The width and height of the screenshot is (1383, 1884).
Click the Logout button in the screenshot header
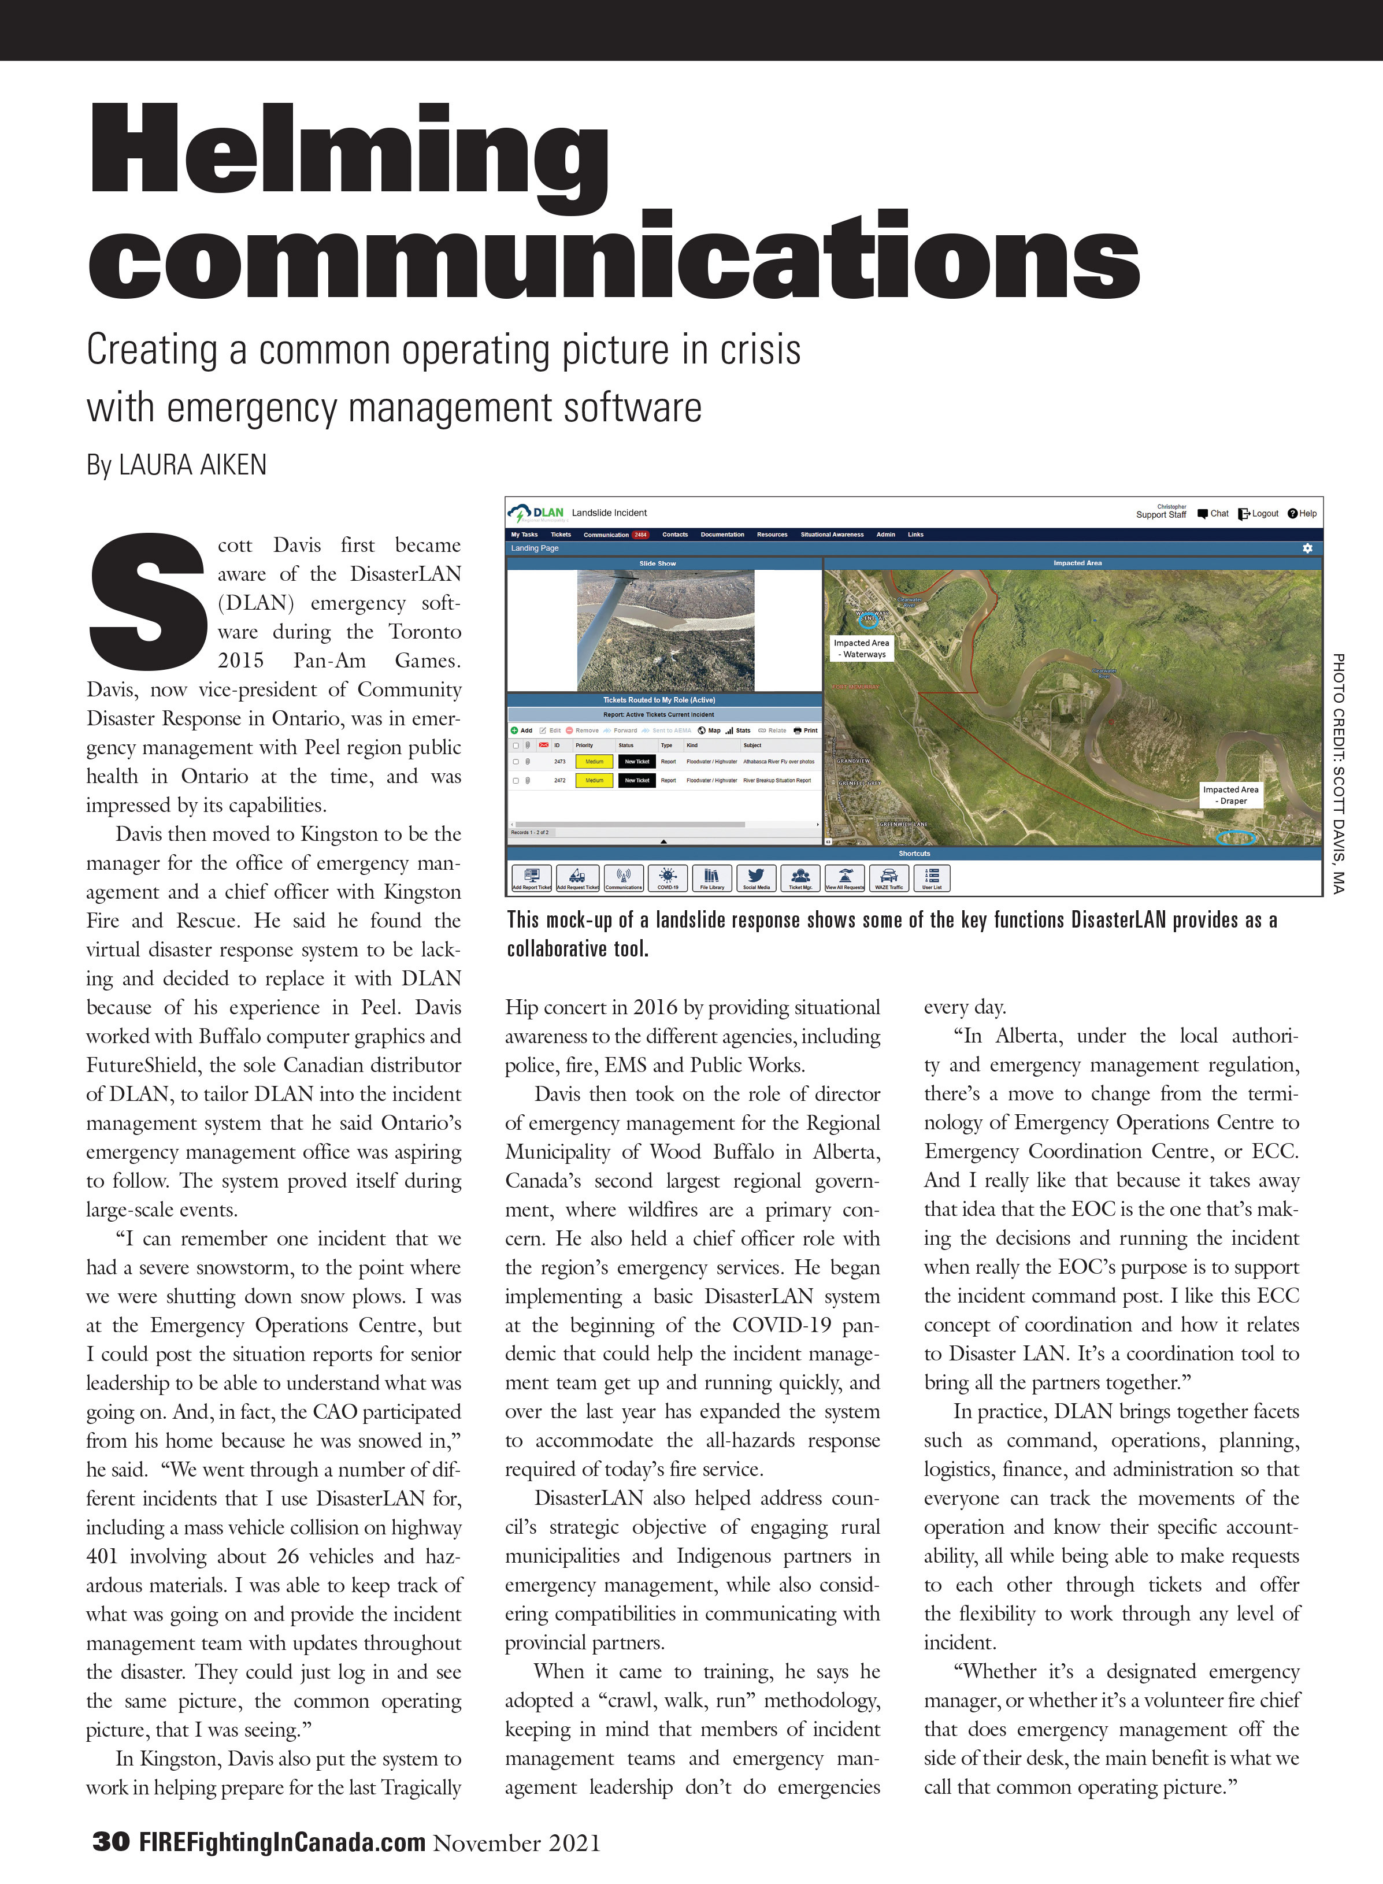(1259, 513)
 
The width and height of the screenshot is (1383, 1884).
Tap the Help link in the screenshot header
(1303, 513)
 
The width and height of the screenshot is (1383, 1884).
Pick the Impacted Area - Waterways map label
(862, 648)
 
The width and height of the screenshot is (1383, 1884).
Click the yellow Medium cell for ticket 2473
(594, 762)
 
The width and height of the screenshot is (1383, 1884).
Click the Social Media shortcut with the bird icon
(756, 878)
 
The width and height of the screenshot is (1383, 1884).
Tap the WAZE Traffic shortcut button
(888, 878)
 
